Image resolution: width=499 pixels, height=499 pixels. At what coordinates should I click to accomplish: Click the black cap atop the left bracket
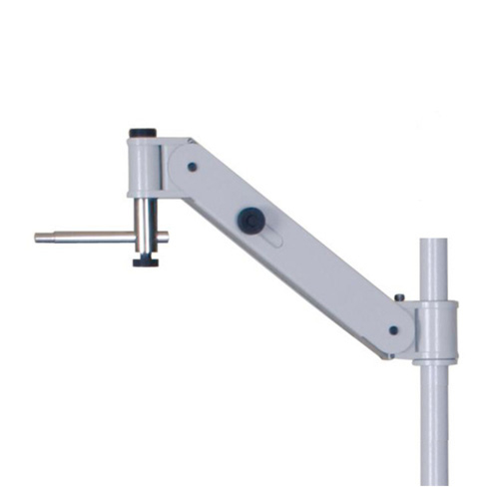(143, 133)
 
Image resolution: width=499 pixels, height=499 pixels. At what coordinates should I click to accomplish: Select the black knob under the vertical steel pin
(147, 261)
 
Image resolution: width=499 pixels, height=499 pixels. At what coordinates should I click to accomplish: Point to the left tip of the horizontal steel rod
(37, 238)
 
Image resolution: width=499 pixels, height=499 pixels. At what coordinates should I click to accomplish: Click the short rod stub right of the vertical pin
(163, 237)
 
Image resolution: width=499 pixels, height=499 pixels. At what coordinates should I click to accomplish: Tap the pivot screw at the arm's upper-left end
(191, 167)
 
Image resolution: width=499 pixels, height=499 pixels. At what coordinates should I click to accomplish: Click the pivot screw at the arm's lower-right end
(394, 329)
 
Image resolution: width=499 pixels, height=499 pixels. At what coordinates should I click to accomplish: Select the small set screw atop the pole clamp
(399, 296)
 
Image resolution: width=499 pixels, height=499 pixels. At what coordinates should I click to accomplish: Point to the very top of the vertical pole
(436, 241)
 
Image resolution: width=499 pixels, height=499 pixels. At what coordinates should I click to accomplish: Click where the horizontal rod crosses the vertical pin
(146, 237)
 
